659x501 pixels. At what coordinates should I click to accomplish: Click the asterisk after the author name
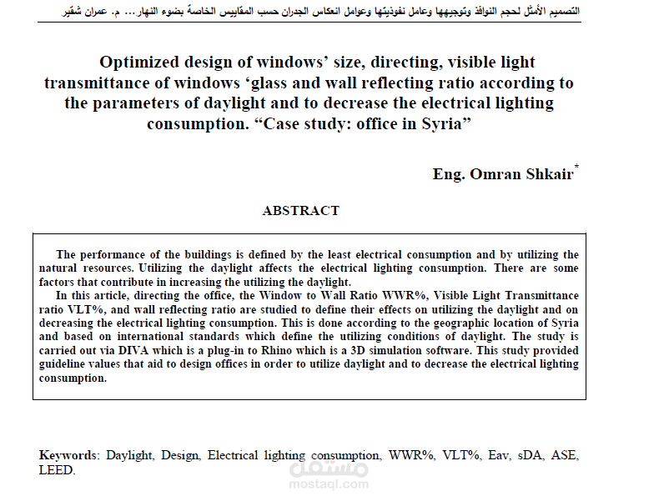coord(576,168)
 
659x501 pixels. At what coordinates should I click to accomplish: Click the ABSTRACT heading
coord(300,211)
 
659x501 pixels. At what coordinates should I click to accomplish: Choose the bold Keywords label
coord(68,456)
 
